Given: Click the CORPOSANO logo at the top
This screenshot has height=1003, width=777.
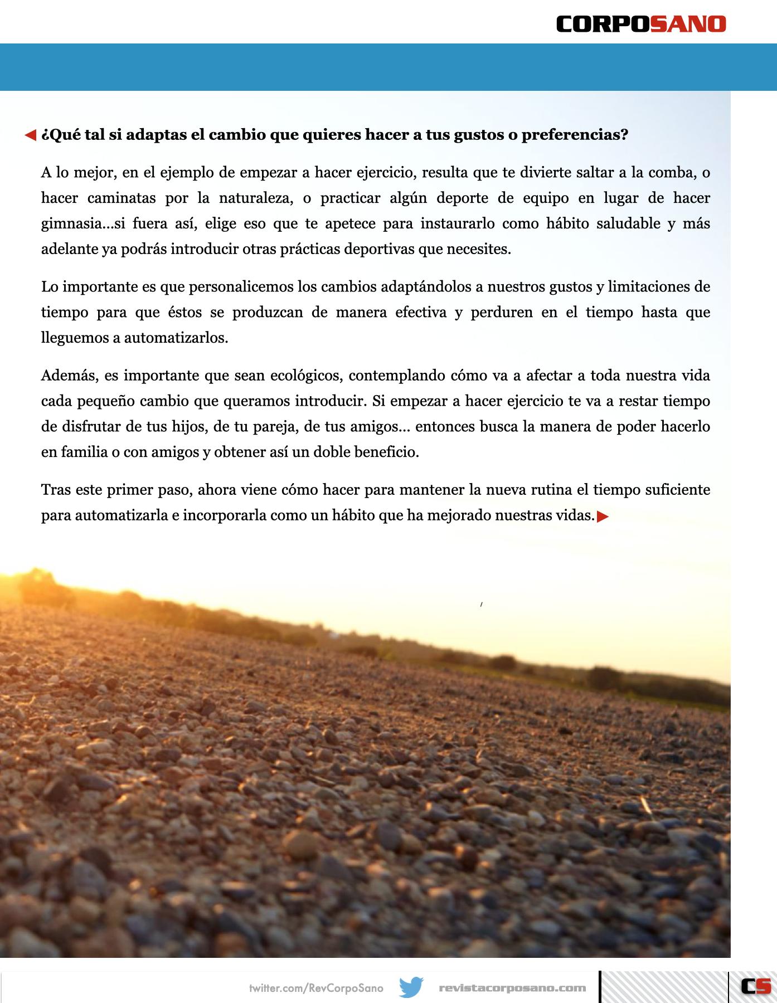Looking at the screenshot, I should tap(641, 24).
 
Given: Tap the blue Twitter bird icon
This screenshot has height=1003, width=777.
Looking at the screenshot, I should tap(411, 987).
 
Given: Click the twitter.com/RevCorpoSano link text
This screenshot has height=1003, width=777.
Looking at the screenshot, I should tap(316, 988).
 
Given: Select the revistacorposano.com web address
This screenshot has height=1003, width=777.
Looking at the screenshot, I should tap(512, 988).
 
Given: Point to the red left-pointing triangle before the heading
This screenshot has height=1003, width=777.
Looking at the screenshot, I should tap(31, 135).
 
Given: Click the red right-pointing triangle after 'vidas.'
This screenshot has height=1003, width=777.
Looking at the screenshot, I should tap(603, 517).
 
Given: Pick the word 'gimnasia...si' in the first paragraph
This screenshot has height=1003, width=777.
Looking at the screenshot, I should tap(88, 223).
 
